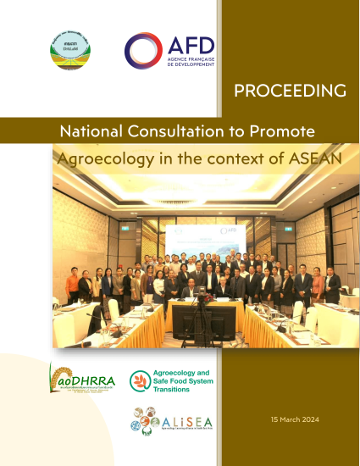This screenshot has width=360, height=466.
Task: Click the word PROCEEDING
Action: [290, 90]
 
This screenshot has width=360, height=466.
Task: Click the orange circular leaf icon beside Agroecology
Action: [140, 380]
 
